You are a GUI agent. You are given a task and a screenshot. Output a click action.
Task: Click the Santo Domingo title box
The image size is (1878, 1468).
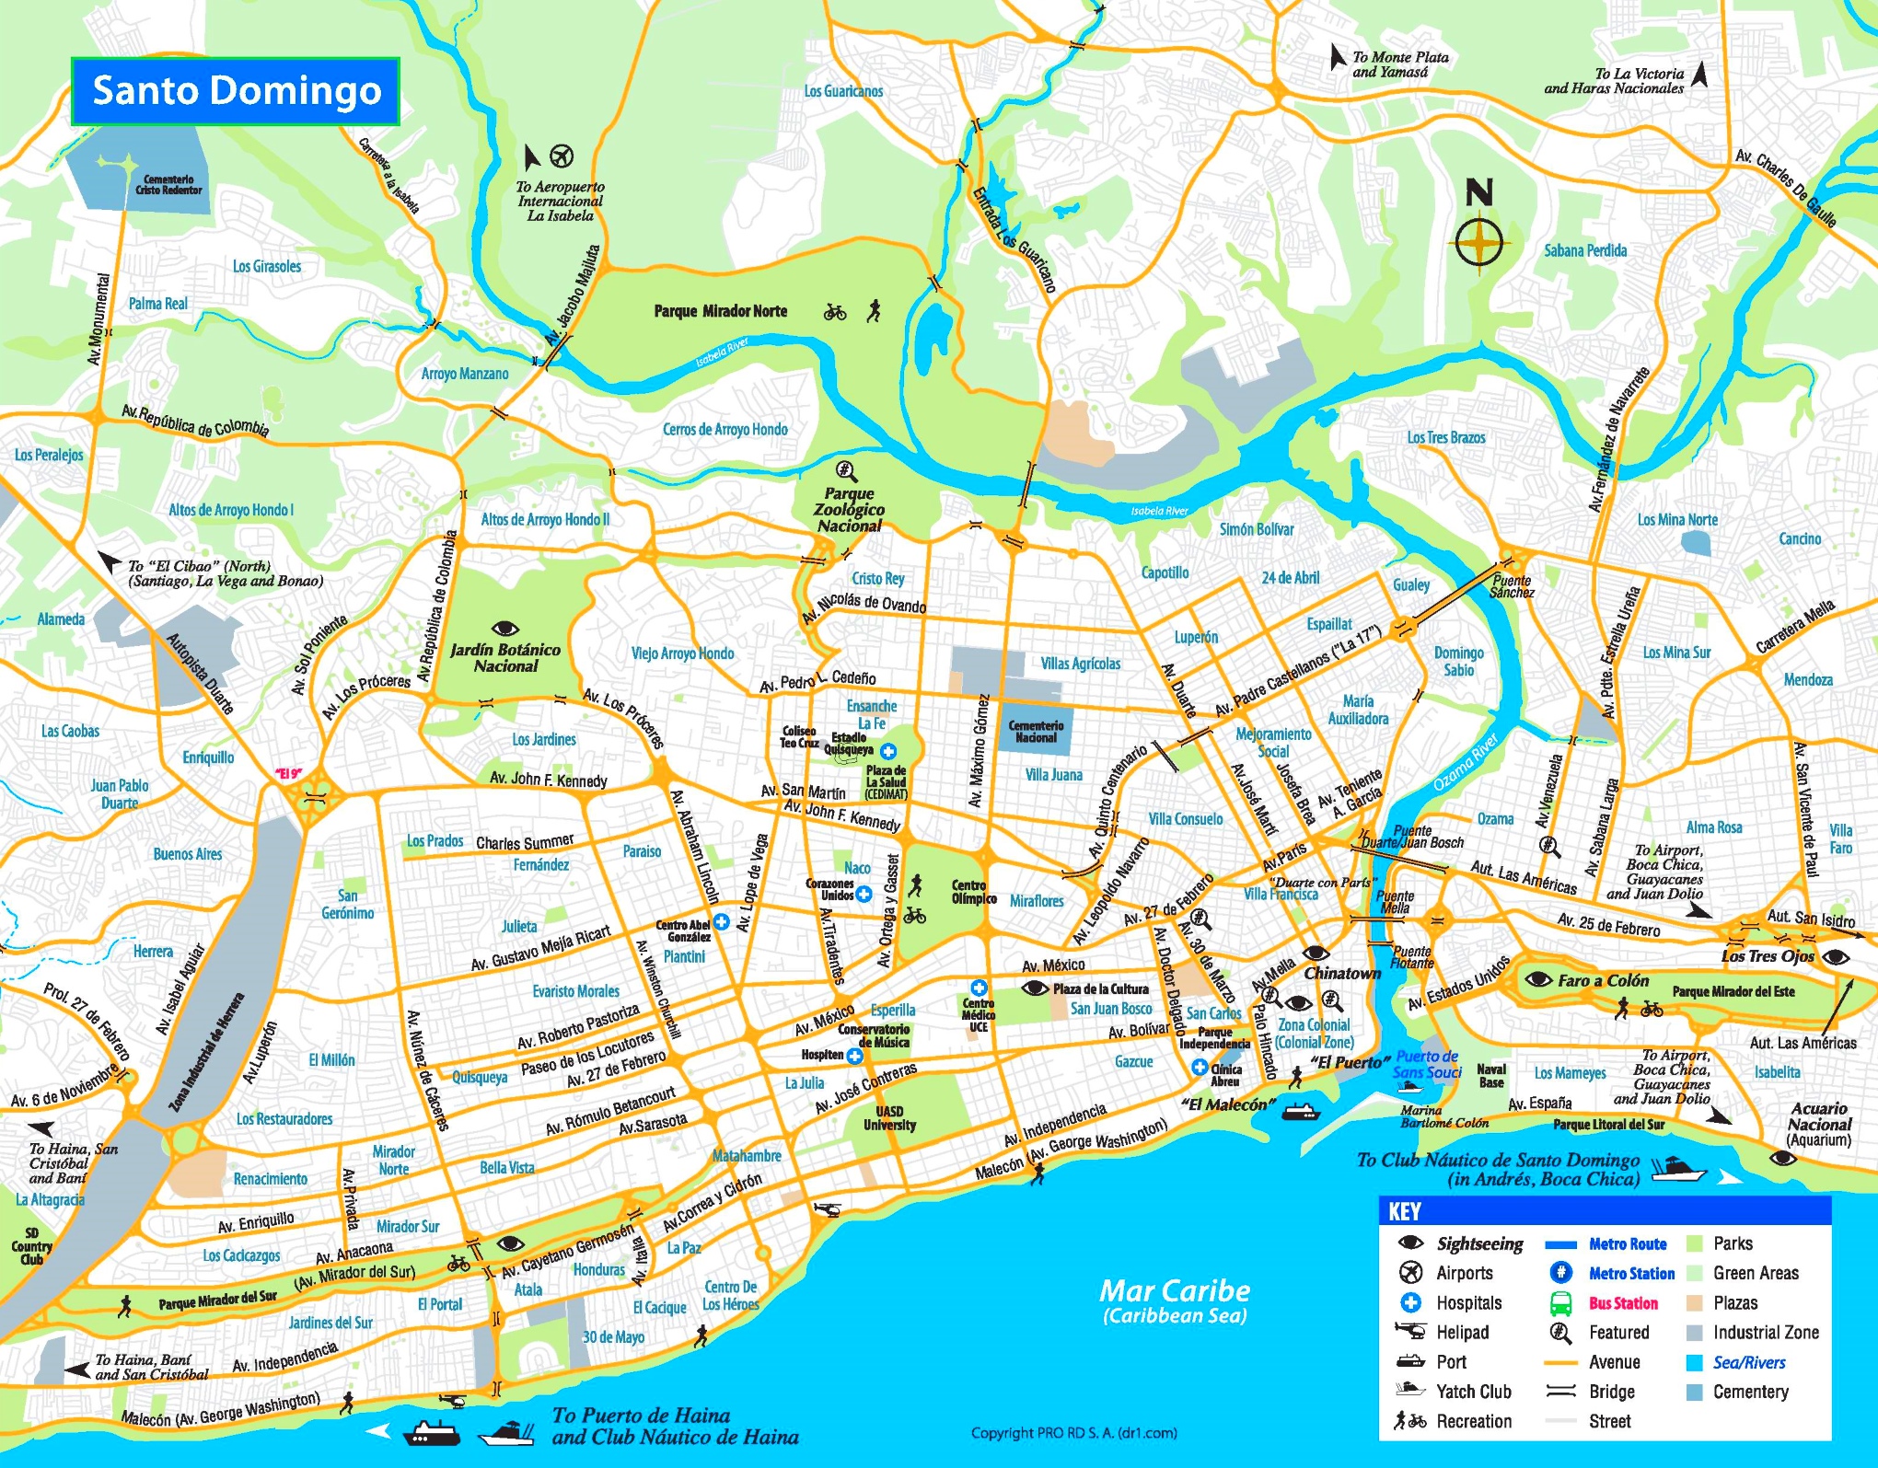(x=236, y=91)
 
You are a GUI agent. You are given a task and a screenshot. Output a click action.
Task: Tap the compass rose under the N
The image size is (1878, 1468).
(x=1478, y=244)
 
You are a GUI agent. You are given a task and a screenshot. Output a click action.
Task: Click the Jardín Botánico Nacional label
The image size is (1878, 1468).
(x=505, y=657)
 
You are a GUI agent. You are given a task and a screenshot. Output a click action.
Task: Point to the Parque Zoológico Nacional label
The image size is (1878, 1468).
(x=849, y=510)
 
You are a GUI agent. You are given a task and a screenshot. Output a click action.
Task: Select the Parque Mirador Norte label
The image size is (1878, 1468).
(x=721, y=311)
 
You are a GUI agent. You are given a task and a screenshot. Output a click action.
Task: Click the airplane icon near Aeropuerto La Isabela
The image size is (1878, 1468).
(x=562, y=155)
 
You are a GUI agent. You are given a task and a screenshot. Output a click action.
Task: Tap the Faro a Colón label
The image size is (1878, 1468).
(x=1603, y=980)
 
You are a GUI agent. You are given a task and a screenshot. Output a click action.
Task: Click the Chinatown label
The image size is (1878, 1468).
(x=1342, y=973)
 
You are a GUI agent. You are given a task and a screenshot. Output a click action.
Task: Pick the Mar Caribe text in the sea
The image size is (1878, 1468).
(x=1175, y=1290)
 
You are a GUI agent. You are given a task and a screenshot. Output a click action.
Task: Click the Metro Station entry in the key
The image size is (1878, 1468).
(x=1631, y=1274)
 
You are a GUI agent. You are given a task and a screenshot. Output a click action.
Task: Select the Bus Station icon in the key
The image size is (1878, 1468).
(x=1560, y=1303)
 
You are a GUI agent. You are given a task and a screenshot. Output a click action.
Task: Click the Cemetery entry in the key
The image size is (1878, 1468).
(x=1750, y=1393)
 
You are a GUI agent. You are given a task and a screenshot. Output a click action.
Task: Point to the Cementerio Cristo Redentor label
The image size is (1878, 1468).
(x=168, y=185)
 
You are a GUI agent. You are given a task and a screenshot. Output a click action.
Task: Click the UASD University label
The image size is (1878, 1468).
(x=889, y=1117)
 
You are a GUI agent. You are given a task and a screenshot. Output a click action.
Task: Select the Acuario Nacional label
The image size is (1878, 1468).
(x=1819, y=1124)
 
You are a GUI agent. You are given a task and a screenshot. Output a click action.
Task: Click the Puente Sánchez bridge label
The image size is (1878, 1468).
(x=1513, y=586)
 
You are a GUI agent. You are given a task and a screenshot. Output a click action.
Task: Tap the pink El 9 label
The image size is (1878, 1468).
(x=288, y=773)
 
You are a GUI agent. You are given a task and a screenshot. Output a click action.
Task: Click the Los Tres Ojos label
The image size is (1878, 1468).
(x=1767, y=956)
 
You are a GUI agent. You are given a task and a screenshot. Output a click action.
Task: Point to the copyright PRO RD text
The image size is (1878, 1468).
(x=1073, y=1432)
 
